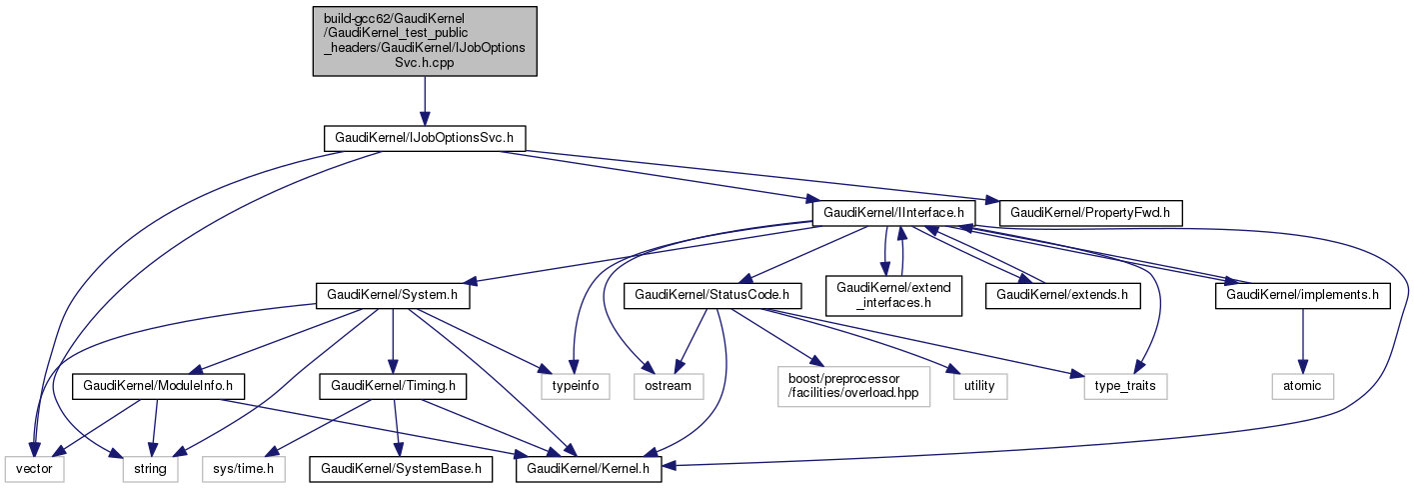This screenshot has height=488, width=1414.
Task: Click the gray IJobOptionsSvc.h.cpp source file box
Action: coord(425,41)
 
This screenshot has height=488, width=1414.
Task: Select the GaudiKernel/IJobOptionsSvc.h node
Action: coord(425,137)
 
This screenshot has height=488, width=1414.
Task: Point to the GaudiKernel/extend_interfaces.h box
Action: coord(893,295)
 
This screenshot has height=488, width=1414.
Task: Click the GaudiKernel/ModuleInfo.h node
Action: coord(157,385)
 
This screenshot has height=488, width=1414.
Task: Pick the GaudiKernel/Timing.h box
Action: coord(393,385)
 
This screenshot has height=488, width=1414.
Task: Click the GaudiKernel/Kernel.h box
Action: coord(588,467)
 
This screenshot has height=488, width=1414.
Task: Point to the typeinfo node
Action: coord(575,385)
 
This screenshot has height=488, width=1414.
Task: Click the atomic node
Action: coord(1303,385)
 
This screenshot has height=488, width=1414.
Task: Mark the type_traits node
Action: coord(1125,385)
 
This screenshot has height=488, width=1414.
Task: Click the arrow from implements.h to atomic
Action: coord(1303,340)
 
